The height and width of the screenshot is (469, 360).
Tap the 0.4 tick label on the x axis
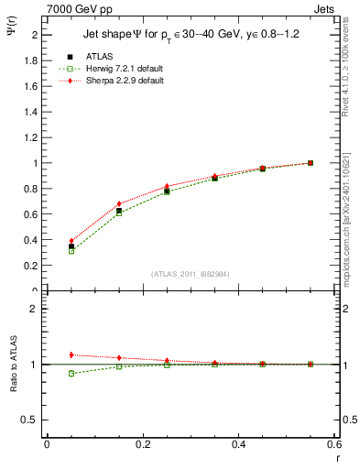click(x=239, y=444)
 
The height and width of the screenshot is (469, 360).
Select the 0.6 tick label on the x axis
click(x=334, y=444)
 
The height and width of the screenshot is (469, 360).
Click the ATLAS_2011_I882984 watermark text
click(x=190, y=274)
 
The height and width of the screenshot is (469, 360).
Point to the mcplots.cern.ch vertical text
click(x=346, y=220)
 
